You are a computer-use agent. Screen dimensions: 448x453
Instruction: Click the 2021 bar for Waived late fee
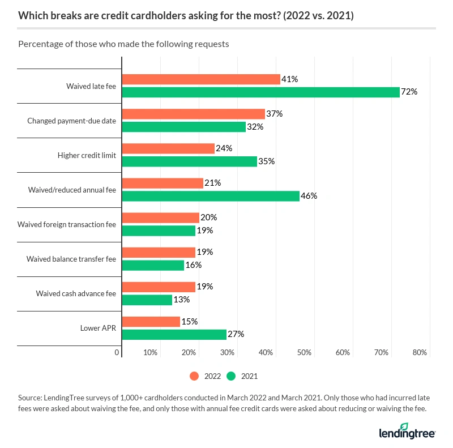(x=260, y=92)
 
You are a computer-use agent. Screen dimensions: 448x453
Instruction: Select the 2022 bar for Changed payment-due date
(x=193, y=114)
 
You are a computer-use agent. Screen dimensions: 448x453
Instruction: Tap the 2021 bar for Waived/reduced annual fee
(x=211, y=196)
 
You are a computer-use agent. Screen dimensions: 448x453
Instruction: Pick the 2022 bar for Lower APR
(x=151, y=322)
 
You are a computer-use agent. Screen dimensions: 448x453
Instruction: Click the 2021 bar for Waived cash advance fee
(x=147, y=300)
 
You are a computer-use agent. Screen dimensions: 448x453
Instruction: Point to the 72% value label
(x=409, y=92)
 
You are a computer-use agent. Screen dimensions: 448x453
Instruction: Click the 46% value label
(x=309, y=196)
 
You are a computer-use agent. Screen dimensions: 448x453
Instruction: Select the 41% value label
(x=290, y=80)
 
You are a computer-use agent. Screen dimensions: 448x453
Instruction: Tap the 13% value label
(x=182, y=300)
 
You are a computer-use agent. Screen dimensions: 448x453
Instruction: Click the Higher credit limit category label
(x=87, y=155)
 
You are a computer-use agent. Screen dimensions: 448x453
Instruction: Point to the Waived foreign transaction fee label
(x=67, y=224)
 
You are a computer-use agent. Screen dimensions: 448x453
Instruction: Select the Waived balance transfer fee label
(x=71, y=259)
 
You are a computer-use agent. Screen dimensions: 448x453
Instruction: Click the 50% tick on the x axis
(x=304, y=353)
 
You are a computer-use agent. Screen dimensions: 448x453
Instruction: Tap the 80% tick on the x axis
(x=420, y=353)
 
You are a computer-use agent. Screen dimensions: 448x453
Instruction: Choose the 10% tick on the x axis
(x=150, y=353)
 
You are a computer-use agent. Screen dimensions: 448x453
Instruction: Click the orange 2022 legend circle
(x=194, y=376)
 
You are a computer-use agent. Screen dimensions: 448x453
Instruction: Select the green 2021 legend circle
(x=231, y=376)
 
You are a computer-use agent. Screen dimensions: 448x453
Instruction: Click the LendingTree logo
(x=407, y=432)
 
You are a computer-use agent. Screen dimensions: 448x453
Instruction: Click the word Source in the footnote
(x=30, y=399)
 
